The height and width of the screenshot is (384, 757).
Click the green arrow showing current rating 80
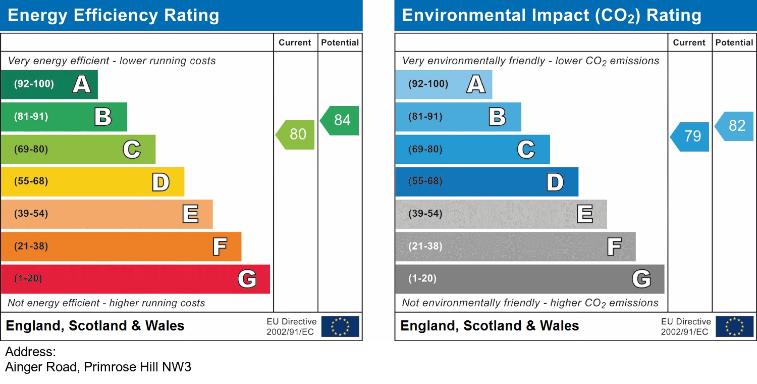296,134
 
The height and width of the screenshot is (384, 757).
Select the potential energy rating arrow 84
341,120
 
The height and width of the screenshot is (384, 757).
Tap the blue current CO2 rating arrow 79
691,136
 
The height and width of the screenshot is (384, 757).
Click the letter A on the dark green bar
82,84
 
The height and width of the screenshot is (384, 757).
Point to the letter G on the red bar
247,279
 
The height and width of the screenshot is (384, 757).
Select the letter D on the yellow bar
160,182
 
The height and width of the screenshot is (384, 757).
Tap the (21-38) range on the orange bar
31,247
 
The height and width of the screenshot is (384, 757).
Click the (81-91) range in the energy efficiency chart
31,117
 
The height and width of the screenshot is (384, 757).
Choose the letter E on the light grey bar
584,214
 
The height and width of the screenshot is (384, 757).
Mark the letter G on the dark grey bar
641,279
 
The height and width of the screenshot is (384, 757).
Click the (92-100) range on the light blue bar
428,84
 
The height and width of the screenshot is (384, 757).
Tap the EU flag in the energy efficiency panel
340,326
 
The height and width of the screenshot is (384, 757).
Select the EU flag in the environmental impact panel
734,326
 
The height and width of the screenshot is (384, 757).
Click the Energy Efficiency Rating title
114,15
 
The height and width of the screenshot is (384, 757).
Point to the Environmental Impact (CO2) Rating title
552,15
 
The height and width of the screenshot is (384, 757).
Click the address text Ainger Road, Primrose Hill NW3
98,367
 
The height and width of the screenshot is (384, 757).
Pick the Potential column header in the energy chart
340,43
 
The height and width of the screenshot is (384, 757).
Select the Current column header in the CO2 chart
689,43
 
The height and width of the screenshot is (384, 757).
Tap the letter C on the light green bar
132,150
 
